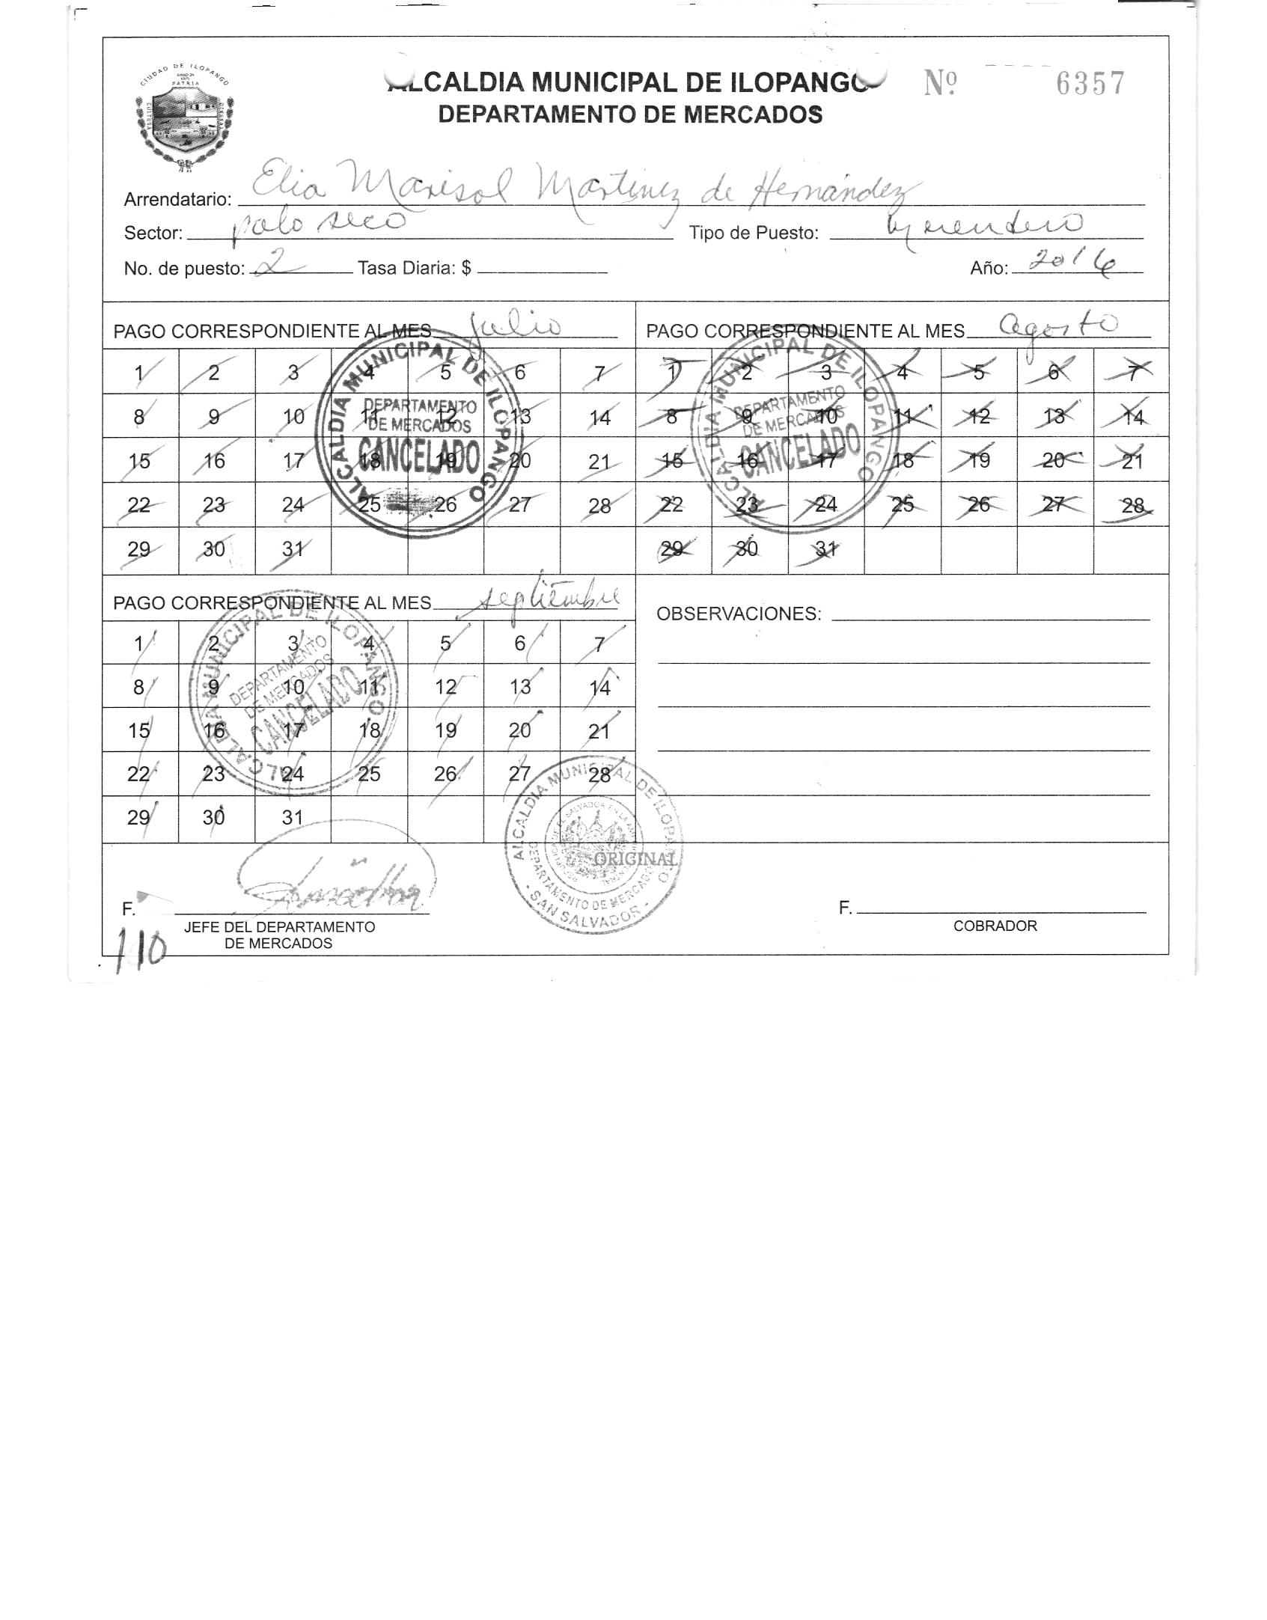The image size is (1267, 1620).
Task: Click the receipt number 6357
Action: click(x=1090, y=83)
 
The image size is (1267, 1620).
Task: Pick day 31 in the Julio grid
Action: click(x=293, y=549)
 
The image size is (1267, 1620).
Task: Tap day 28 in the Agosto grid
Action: click(x=1132, y=506)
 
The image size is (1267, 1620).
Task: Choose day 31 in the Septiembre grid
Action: click(x=293, y=817)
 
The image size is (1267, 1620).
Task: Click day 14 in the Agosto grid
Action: click(x=1132, y=418)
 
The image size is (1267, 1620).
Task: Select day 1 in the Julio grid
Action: click(x=139, y=372)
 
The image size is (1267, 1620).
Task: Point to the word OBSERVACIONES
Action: click(x=738, y=614)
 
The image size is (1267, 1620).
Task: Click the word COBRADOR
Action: click(x=995, y=926)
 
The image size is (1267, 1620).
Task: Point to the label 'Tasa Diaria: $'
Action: click(x=415, y=268)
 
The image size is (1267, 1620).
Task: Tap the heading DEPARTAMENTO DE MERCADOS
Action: click(x=630, y=114)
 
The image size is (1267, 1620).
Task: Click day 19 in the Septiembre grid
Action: click(x=445, y=730)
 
